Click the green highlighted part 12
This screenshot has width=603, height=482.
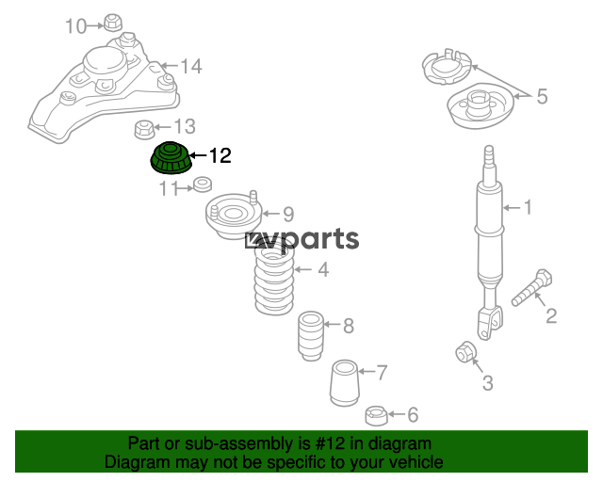coord(171,158)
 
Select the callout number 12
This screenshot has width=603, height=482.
coord(220,155)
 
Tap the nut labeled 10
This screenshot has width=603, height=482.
coord(113,23)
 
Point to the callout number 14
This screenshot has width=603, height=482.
coord(191,66)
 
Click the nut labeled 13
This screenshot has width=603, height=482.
coord(144,130)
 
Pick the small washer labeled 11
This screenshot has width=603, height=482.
coord(203,185)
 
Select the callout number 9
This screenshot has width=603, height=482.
coord(288,214)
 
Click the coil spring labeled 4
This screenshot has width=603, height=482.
coord(274,281)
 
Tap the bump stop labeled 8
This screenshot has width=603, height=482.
coord(311,335)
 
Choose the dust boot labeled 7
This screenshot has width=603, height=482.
coord(345,383)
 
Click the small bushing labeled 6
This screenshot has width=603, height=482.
coord(376,415)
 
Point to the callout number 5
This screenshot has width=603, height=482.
coord(542,96)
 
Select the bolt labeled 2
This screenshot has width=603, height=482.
coord(531,287)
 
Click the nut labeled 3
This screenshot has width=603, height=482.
coord(466,351)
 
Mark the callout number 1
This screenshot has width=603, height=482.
coord(528,207)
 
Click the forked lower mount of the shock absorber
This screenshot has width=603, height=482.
coord(489,323)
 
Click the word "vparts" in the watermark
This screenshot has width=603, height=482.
coord(312,239)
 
